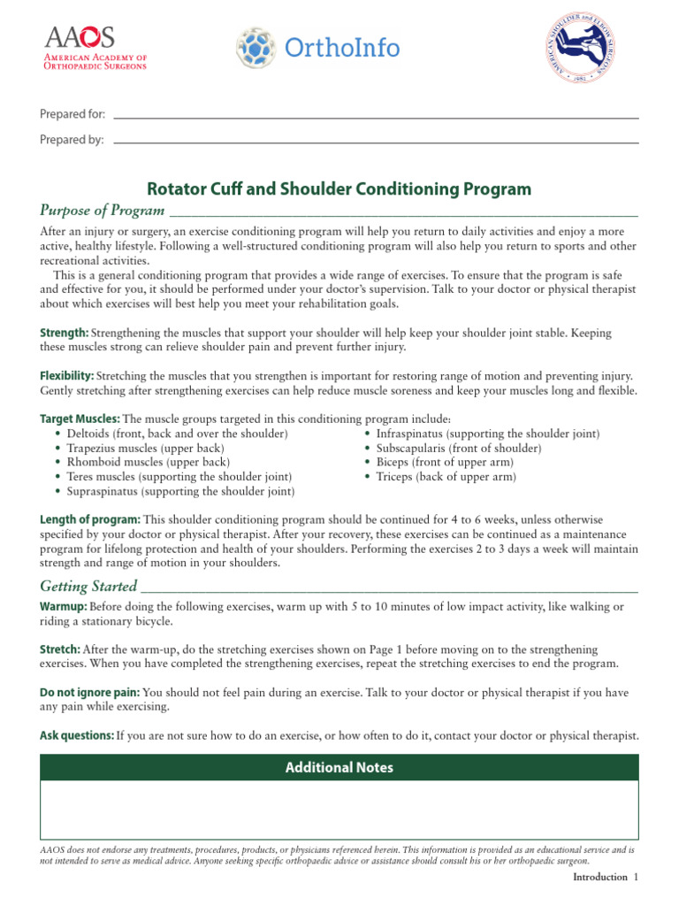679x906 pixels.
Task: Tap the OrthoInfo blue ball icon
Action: point(256,48)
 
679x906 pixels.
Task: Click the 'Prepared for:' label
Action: point(72,114)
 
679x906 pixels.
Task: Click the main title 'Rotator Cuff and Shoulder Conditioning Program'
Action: point(339,188)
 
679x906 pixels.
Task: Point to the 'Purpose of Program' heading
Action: point(103,211)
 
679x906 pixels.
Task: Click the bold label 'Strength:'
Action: point(65,333)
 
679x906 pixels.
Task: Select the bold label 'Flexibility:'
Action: point(67,376)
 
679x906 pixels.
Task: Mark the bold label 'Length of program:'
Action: point(90,519)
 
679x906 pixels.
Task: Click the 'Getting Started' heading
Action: point(88,587)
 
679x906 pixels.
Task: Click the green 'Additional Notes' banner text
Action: point(339,768)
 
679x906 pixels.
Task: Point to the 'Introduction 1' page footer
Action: point(605,877)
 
